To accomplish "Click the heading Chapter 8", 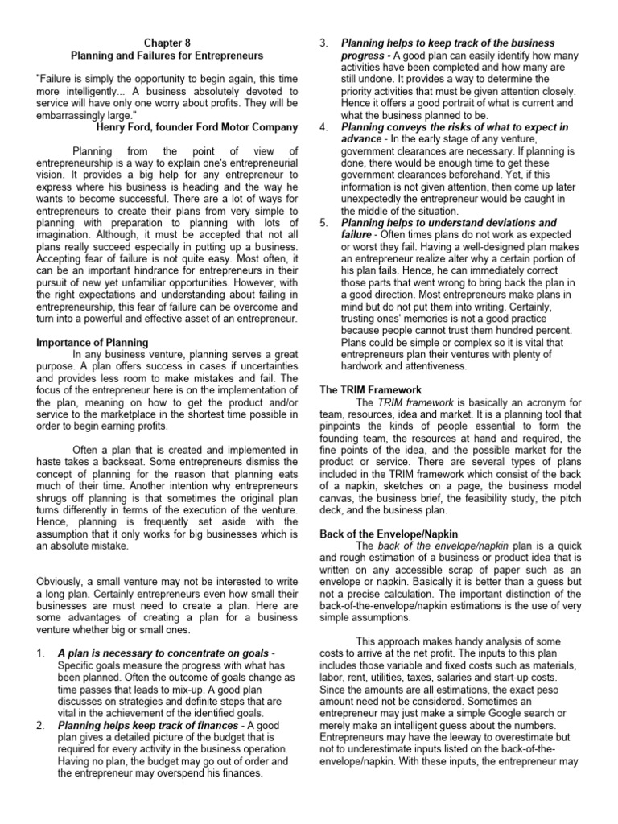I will tap(167, 42).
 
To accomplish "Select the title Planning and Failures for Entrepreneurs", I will tap(167, 55).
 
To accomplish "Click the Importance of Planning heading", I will tap(93, 341).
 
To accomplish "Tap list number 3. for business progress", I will tap(324, 42).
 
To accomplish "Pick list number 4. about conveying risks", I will tap(324, 126).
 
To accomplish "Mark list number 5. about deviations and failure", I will tap(324, 222).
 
